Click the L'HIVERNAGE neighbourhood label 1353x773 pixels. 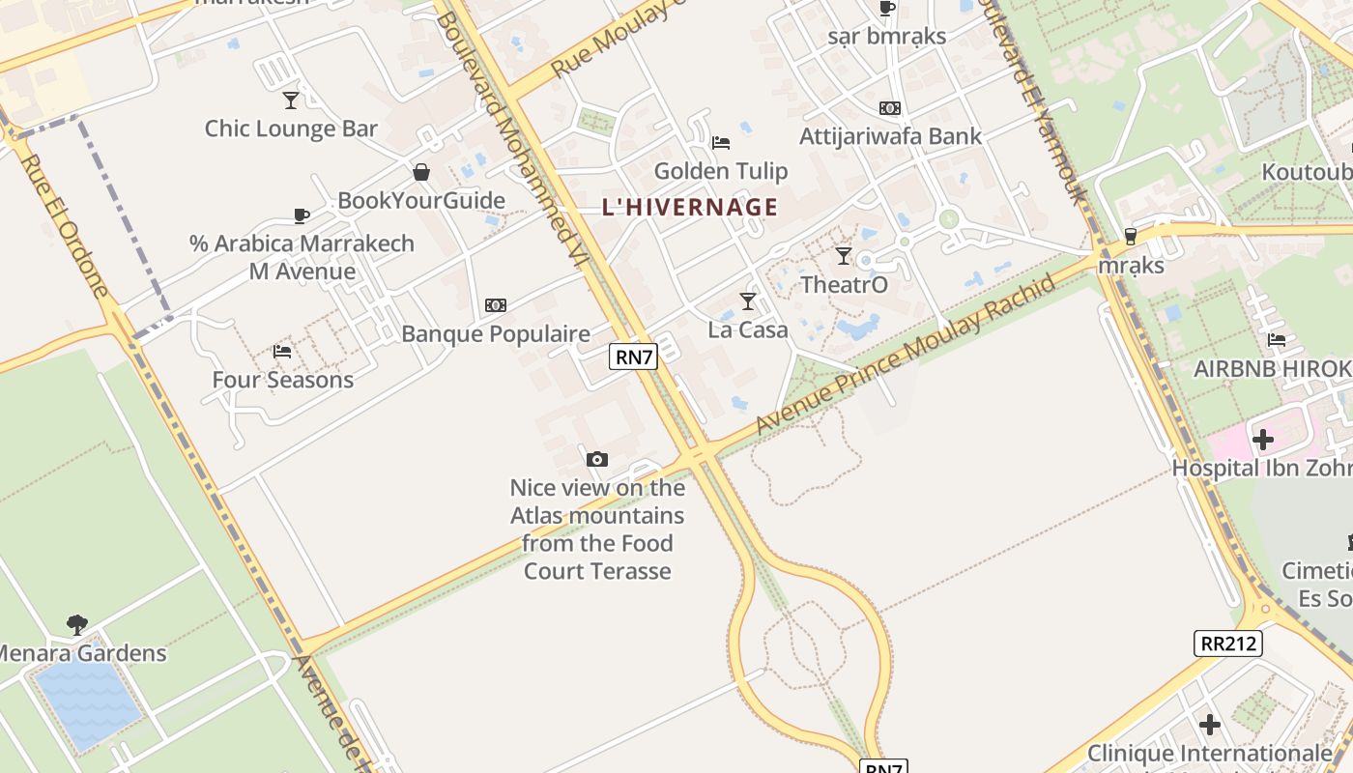689,207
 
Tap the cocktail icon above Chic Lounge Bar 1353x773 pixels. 291,100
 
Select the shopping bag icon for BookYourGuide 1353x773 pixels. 421,172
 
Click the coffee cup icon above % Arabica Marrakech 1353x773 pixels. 302,215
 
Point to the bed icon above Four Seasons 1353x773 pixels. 282,351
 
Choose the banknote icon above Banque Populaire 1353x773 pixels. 496,305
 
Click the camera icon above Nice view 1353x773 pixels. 597,459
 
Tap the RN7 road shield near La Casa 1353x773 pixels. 634,357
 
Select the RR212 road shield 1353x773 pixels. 1227,643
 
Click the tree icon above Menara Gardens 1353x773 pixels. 77,624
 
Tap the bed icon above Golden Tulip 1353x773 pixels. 721,143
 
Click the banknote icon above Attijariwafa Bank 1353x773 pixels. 890,108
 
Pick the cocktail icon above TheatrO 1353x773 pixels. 844,256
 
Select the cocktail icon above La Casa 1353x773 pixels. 748,301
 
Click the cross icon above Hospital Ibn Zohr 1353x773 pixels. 1262,441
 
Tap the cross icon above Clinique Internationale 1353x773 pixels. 1209,724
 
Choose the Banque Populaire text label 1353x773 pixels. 496,334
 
